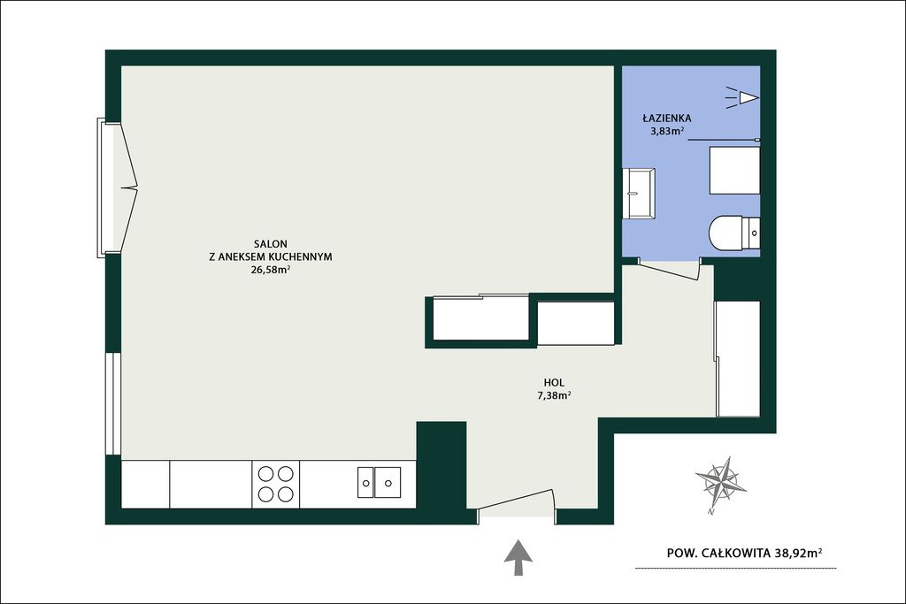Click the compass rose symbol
720,482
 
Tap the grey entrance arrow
518,558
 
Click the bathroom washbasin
639,193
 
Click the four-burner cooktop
276,484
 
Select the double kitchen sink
379,482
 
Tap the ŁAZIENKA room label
667,119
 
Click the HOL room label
554,382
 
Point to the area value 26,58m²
270,270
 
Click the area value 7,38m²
554,395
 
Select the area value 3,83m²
667,131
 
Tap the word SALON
271,244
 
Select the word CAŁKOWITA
736,554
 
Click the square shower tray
734,171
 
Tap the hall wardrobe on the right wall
738,358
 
